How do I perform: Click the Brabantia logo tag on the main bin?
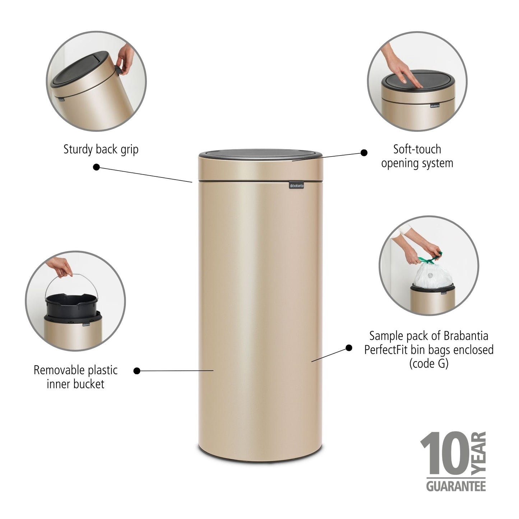(x=296, y=185)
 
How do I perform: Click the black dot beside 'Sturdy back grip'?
(x=96, y=167)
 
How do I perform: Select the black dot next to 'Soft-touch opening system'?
(x=364, y=153)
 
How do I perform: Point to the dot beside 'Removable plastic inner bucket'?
(x=136, y=371)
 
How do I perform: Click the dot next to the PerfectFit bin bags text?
(x=349, y=348)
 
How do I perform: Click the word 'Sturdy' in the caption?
(x=78, y=149)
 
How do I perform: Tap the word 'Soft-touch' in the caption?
(x=417, y=149)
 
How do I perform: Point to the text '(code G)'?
(x=428, y=363)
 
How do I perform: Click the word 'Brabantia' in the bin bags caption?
(x=466, y=336)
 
